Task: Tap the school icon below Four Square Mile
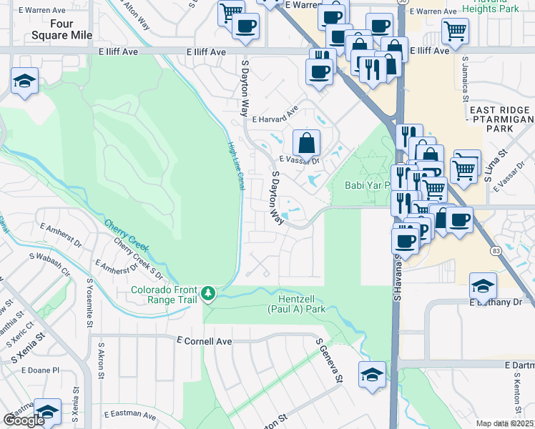(x=24, y=82)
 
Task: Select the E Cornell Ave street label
(x=205, y=342)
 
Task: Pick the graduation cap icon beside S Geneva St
(x=372, y=375)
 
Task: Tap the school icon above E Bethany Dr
(x=483, y=286)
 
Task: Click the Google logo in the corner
(x=24, y=420)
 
